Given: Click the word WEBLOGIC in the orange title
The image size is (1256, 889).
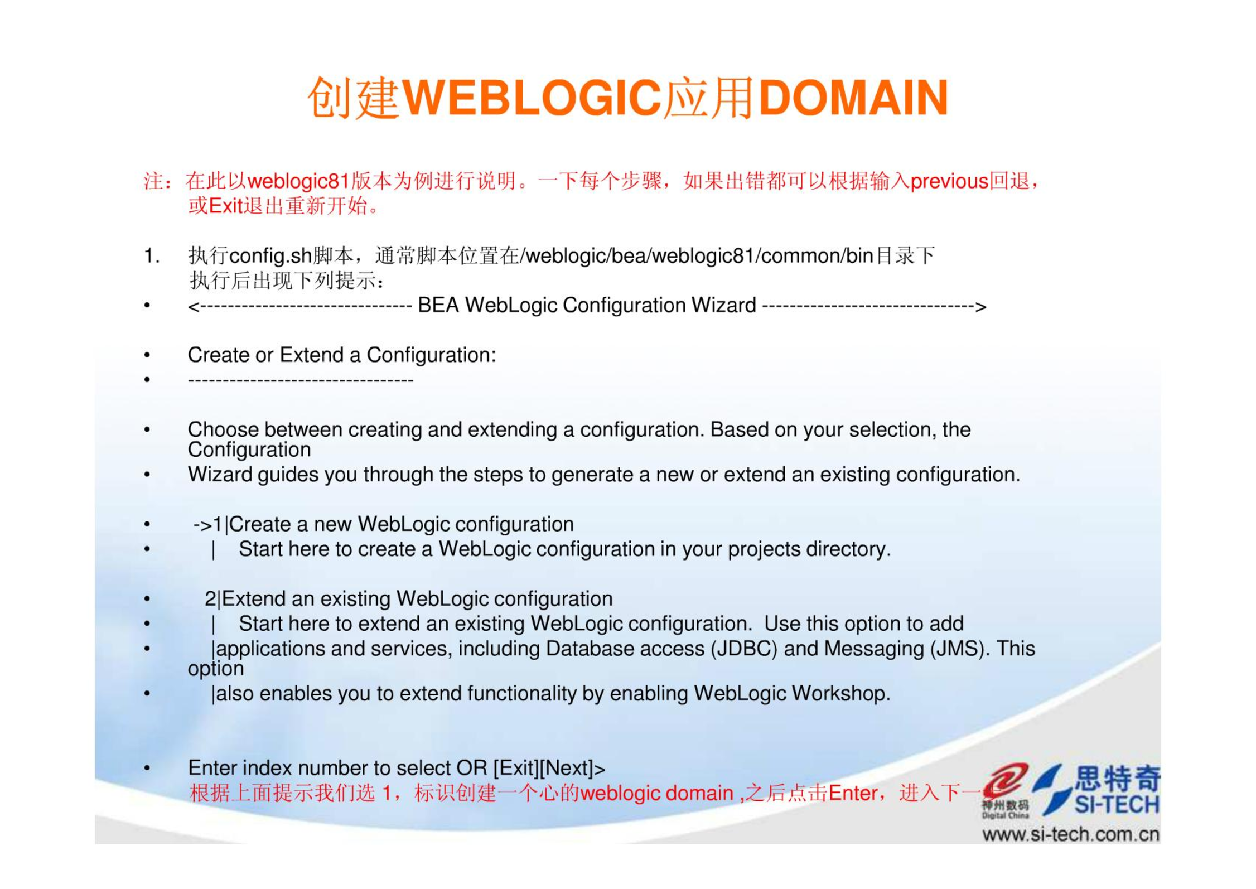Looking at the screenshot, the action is (x=532, y=98).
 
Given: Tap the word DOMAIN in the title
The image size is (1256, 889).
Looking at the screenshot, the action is (x=854, y=98).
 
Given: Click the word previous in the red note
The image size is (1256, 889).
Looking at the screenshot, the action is (x=949, y=182).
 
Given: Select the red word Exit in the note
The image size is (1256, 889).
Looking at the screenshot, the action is (x=226, y=206).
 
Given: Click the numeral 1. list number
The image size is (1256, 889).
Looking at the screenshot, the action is (x=152, y=256).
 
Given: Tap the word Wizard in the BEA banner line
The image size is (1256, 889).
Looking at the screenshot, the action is (x=723, y=305).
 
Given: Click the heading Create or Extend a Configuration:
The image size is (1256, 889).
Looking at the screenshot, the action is (x=342, y=355).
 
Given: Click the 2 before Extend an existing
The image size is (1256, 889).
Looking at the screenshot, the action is (x=210, y=598).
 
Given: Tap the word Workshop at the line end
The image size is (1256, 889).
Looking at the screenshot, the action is (x=840, y=693).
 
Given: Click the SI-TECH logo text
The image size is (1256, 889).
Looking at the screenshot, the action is (x=1117, y=805).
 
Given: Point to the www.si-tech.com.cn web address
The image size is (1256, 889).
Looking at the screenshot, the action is (x=1071, y=834).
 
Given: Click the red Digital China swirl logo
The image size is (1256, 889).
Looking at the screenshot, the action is (x=1006, y=780).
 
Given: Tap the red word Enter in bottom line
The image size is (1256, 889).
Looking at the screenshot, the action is (x=853, y=793).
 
